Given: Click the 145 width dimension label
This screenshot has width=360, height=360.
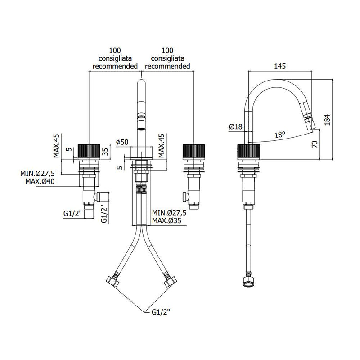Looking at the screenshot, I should pos(279,66).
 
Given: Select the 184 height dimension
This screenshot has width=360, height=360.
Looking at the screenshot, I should pos(327,119).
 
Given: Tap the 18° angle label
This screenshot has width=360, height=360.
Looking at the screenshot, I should pos(280,134).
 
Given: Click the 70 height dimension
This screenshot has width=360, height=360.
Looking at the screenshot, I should pos(315,144).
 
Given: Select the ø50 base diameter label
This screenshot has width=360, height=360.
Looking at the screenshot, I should pos(122,142).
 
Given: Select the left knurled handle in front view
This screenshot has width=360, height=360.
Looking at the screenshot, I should pos(89,151).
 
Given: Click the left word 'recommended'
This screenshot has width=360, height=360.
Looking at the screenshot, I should pos(115,66).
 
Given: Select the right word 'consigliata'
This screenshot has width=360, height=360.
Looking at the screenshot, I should pos(167,58).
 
